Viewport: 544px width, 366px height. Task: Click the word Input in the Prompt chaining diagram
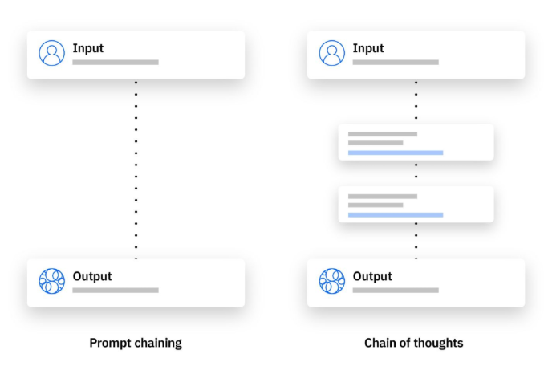[87, 48]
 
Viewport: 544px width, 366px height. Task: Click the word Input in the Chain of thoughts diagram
[368, 48]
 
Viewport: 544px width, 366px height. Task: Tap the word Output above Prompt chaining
[92, 276]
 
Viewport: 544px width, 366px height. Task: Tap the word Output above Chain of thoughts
[372, 276]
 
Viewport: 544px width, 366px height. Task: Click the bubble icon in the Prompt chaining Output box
[51, 281]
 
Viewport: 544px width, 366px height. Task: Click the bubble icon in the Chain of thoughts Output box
[332, 281]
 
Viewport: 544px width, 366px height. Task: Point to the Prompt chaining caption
[136, 343]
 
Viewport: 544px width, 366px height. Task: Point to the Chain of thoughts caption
[413, 343]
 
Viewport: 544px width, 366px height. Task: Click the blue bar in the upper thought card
[396, 152]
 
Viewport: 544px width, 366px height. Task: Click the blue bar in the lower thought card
[396, 215]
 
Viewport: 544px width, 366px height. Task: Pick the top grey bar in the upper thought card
[383, 134]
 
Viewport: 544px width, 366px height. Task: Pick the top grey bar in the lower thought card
[383, 197]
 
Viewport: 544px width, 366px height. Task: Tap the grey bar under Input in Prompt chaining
[116, 63]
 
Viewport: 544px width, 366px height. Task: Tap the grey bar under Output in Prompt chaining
[116, 291]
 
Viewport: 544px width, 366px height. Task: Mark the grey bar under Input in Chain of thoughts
[396, 63]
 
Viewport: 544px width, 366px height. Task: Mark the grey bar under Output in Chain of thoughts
[396, 291]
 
